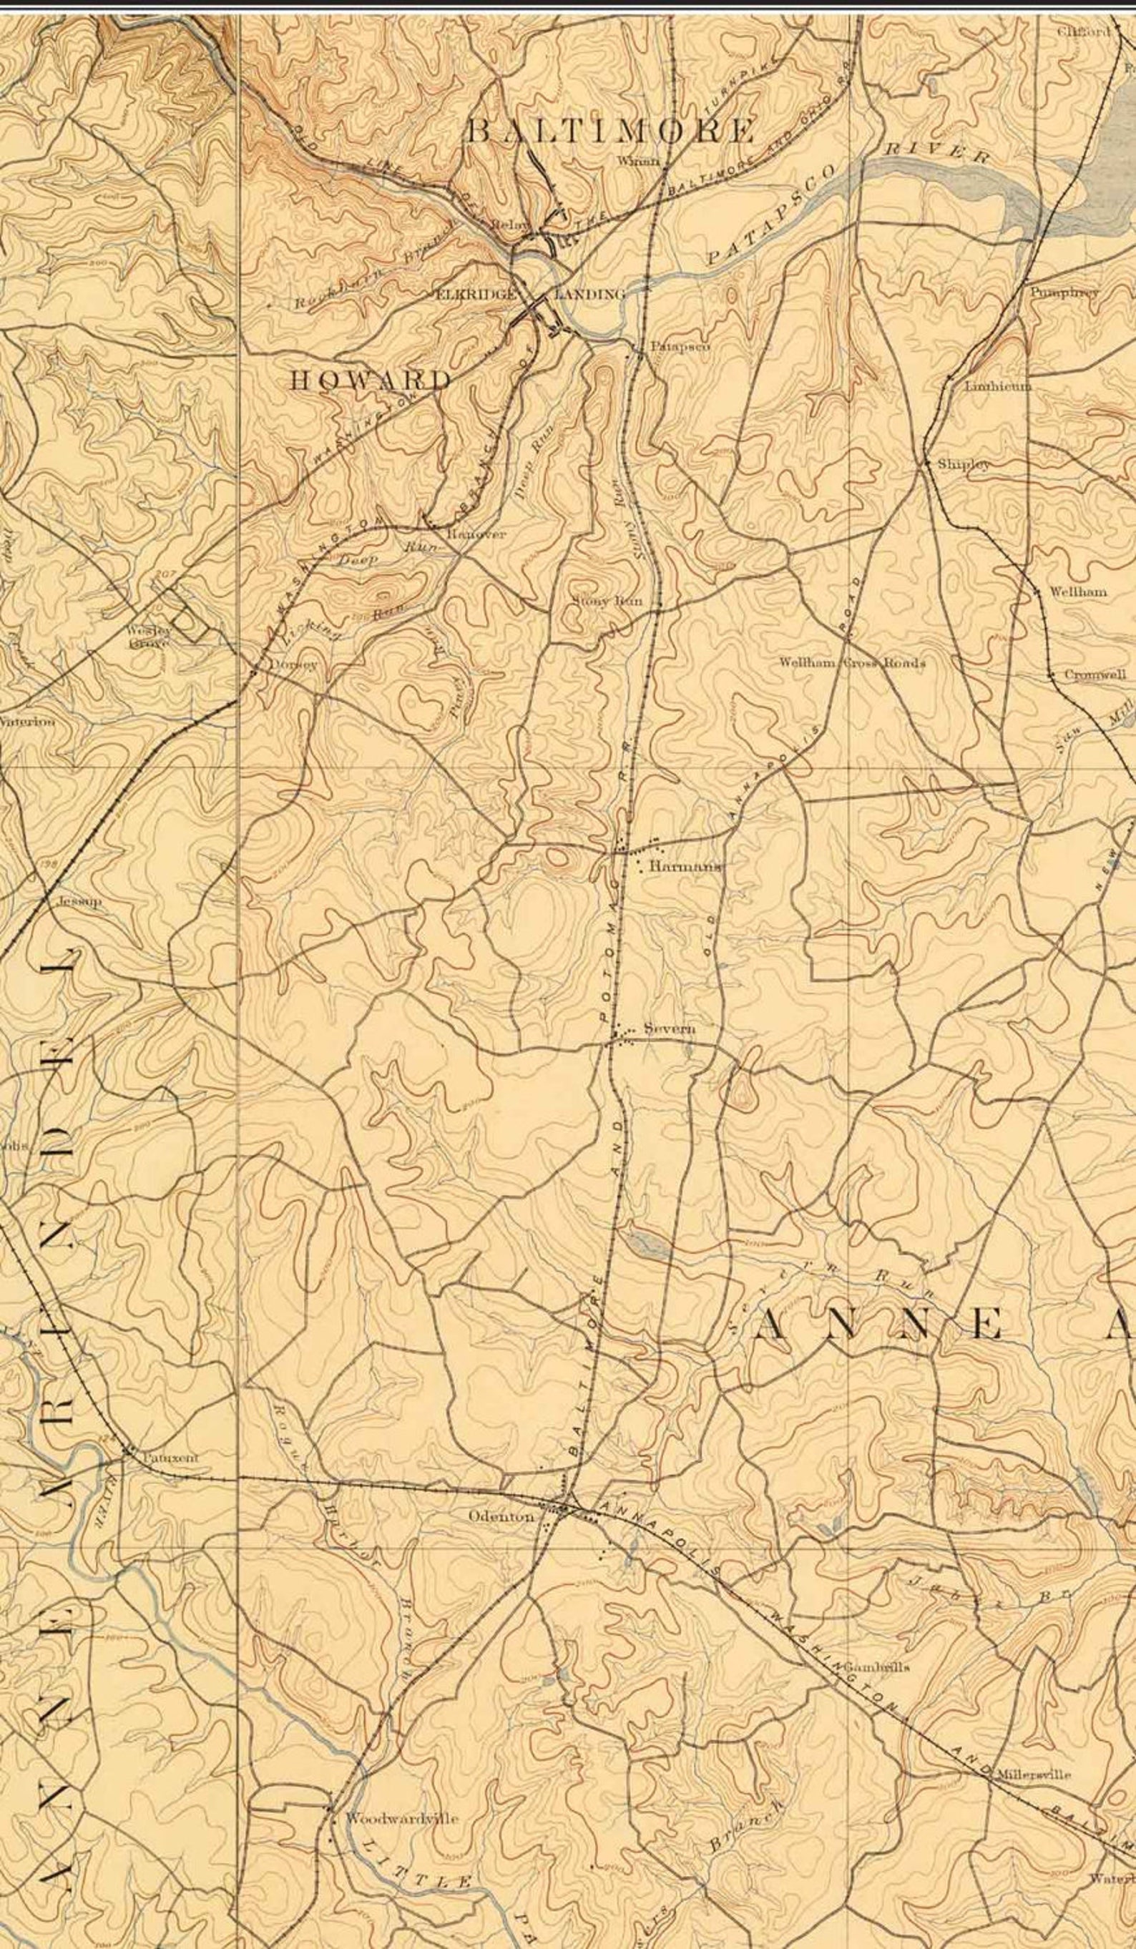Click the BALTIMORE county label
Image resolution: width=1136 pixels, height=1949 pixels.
click(x=609, y=131)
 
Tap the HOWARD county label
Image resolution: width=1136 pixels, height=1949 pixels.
click(x=371, y=380)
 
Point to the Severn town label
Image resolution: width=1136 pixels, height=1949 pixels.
click(x=670, y=1028)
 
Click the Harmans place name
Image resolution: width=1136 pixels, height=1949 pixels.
click(x=685, y=867)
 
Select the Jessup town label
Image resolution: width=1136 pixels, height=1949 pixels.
click(x=79, y=902)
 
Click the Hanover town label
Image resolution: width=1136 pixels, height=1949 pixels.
click(x=476, y=534)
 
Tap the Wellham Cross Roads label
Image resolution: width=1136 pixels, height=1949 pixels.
click(x=851, y=663)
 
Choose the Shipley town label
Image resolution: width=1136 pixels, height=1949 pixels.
click(x=963, y=465)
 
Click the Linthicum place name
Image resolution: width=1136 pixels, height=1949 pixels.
click(x=997, y=386)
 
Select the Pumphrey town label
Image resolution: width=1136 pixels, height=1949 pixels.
click(x=1063, y=293)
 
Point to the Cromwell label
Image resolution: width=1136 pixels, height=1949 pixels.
click(x=1095, y=674)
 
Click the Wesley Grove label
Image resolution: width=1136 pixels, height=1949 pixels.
click(x=149, y=636)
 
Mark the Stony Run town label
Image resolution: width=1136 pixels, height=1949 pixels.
click(x=612, y=601)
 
